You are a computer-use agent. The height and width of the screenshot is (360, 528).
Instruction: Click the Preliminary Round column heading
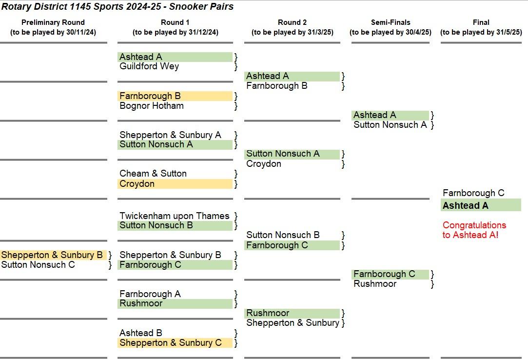coord(53,22)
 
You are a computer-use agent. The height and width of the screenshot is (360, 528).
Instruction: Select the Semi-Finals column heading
coord(391,22)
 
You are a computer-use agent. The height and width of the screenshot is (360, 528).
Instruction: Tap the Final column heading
coord(481,22)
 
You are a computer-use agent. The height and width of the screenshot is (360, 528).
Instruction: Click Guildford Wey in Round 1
coord(149,66)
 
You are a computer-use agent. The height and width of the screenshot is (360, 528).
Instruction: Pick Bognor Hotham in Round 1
coord(152,106)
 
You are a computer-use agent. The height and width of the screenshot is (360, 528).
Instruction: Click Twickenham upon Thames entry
coord(175,216)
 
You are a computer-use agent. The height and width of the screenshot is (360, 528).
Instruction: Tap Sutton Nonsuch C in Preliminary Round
coord(38,265)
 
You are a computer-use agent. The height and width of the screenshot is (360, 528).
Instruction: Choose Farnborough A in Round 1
coord(150,294)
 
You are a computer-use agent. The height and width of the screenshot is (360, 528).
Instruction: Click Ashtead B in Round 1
coord(141,333)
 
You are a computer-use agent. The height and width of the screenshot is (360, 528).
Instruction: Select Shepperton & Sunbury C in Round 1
coord(171,343)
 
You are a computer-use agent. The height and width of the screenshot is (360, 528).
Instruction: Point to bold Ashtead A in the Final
coord(466,206)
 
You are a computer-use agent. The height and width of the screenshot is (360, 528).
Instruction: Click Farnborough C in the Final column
coord(473,193)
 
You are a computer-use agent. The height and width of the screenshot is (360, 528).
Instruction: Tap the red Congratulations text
coord(474,230)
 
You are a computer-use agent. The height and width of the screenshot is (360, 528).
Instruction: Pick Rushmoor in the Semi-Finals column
coord(375,284)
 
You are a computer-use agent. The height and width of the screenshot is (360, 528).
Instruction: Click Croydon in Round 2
coord(264,164)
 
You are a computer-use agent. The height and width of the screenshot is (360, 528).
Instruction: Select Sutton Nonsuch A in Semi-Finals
coord(391,125)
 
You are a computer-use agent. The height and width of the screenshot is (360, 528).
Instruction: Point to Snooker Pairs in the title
coord(201,7)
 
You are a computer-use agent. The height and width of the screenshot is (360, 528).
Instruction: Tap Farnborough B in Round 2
coord(277,86)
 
